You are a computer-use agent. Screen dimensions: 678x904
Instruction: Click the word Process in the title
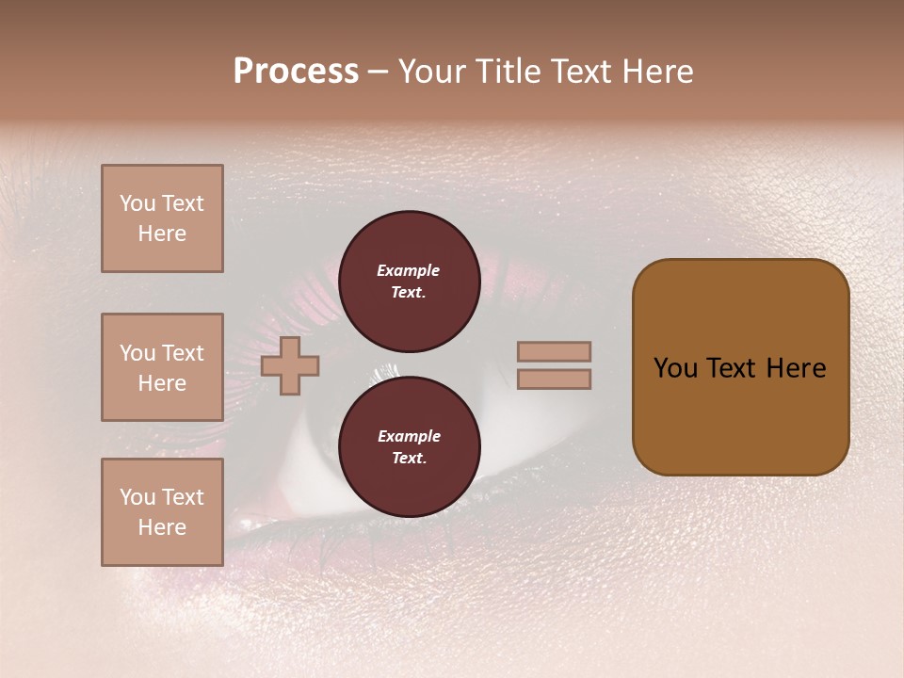point(296,72)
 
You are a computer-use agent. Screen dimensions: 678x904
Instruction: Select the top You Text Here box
point(162,218)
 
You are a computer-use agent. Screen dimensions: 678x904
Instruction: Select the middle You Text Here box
point(162,367)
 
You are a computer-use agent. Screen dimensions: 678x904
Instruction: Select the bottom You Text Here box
point(162,512)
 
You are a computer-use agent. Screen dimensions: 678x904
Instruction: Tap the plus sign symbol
point(290,365)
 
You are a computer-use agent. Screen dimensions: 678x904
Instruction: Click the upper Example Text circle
point(409,282)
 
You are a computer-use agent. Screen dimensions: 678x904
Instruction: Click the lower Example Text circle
point(409,447)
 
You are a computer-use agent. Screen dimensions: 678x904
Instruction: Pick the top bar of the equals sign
point(554,352)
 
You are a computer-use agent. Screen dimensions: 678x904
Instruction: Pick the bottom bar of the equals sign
point(554,379)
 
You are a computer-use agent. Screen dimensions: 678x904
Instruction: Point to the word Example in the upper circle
point(408,270)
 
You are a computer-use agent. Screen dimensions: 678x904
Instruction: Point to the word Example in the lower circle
point(408,436)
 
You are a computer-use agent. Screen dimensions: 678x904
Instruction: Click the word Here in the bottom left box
point(162,527)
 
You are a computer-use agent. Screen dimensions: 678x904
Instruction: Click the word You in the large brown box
point(674,368)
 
